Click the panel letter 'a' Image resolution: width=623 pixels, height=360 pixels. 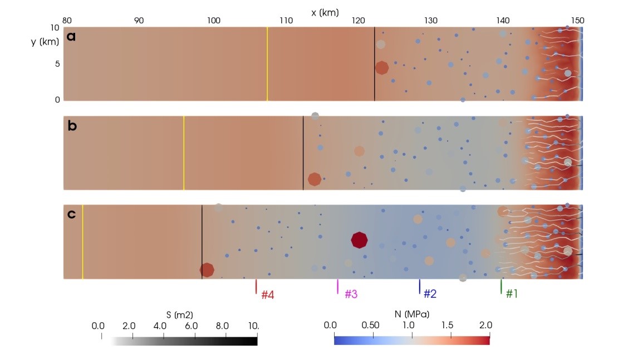(x=71, y=37)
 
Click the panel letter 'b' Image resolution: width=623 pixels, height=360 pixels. (x=71, y=126)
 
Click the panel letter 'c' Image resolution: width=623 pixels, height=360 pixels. (x=71, y=215)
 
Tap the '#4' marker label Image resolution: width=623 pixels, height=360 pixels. (x=268, y=294)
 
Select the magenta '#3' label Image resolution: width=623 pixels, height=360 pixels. (x=351, y=294)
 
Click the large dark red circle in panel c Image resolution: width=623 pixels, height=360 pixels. (x=360, y=240)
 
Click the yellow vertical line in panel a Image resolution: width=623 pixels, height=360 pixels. (x=267, y=64)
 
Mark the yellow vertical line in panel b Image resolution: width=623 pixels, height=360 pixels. (x=184, y=153)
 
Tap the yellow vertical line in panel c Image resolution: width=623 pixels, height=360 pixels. (x=82, y=242)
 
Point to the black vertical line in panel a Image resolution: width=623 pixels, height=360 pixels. (x=374, y=64)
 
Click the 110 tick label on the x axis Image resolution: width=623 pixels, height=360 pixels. (x=286, y=21)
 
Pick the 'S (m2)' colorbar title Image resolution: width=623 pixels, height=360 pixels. (x=180, y=314)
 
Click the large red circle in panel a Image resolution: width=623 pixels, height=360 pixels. (x=381, y=68)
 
